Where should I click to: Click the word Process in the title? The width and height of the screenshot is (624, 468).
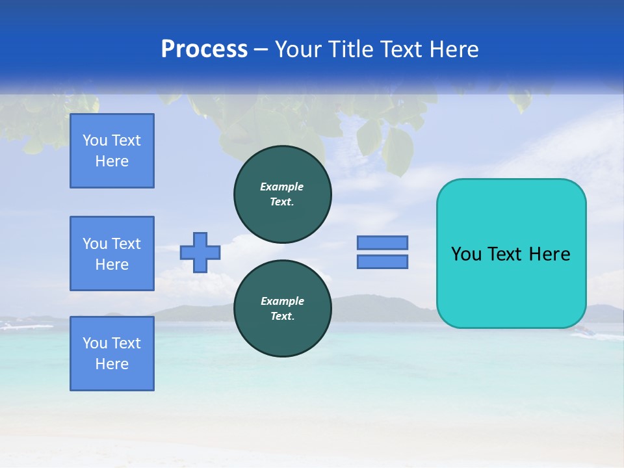(204, 49)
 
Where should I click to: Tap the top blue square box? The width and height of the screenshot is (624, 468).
(112, 151)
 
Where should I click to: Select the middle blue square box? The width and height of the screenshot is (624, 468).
(112, 253)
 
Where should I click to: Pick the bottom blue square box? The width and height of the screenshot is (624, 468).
(112, 354)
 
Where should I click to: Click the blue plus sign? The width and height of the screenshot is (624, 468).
(200, 252)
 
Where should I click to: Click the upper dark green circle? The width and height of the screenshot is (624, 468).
(282, 194)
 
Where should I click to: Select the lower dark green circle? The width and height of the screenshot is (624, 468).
(282, 309)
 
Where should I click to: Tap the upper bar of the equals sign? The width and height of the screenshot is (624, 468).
(382, 242)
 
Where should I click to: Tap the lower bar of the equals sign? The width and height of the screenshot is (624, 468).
(382, 262)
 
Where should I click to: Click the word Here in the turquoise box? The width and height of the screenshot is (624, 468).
(549, 254)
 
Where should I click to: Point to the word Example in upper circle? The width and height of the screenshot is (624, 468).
(282, 187)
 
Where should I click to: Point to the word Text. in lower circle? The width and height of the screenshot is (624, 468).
(282, 317)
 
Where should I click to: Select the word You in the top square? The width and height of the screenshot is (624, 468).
(94, 140)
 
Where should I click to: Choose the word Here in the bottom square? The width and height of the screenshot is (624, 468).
(112, 364)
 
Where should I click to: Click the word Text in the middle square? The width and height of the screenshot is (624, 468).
(126, 244)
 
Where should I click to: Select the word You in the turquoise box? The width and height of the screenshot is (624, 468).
(466, 254)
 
